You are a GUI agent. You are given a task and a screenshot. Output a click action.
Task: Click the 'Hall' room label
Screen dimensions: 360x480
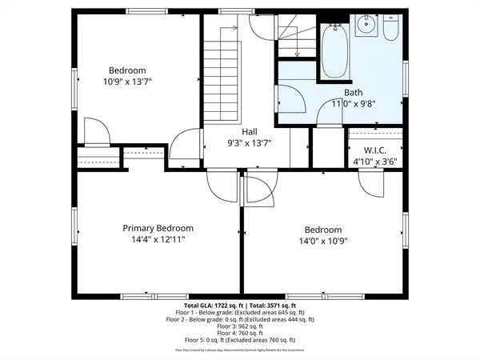pyautogui.click(x=250, y=133)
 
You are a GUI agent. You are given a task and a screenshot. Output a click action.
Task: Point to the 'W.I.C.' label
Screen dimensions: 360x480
pyautogui.click(x=375, y=150)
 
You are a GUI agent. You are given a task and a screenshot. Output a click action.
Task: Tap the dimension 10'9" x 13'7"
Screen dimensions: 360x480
pyautogui.click(x=127, y=81)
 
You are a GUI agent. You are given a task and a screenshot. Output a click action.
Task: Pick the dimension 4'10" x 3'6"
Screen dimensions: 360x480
pyautogui.click(x=375, y=161)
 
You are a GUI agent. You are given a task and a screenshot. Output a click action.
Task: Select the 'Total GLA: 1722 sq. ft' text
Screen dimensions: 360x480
pyautogui.click(x=212, y=306)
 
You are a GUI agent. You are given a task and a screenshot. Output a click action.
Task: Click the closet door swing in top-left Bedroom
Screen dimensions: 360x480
pyautogui.click(x=94, y=131)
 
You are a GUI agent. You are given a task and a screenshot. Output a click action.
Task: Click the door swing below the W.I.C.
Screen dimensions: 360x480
pyautogui.click(x=373, y=183)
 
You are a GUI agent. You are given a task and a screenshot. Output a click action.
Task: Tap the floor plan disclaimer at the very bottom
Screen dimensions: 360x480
pyautogui.click(x=240, y=350)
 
